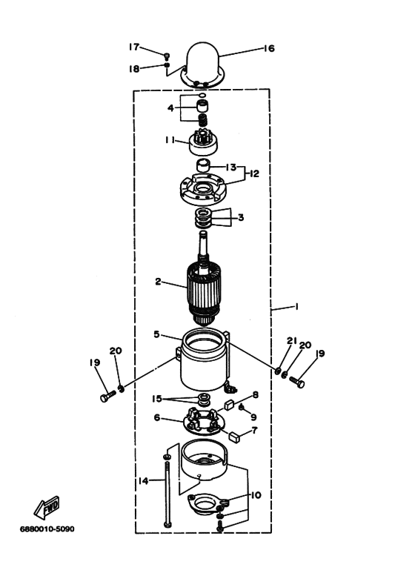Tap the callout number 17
coord(133,47)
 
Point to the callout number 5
coord(156,334)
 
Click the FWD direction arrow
coord(47,508)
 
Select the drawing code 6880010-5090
coord(47,529)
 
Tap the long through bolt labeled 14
coord(167,495)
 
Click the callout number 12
coord(254,173)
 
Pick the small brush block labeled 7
coord(234,437)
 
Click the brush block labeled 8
coord(229,405)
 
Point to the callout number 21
coord(291,340)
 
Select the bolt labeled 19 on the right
coord(297,382)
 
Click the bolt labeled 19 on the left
coord(107,396)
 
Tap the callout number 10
coord(256,495)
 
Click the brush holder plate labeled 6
coord(204,421)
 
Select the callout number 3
coord(241,217)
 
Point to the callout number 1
coord(296,306)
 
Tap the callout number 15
coord(156,399)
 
